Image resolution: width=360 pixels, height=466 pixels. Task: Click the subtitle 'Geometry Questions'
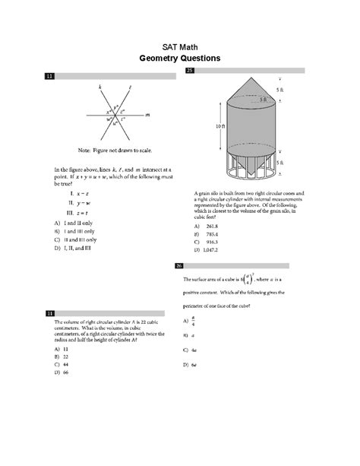tap(180, 57)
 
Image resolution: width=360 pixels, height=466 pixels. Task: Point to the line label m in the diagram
tap(147, 115)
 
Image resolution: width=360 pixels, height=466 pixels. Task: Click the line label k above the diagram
tap(99, 87)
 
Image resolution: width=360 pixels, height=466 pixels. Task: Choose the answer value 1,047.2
tap(207, 250)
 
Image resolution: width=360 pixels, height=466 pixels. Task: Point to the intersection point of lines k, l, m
tap(114, 114)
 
